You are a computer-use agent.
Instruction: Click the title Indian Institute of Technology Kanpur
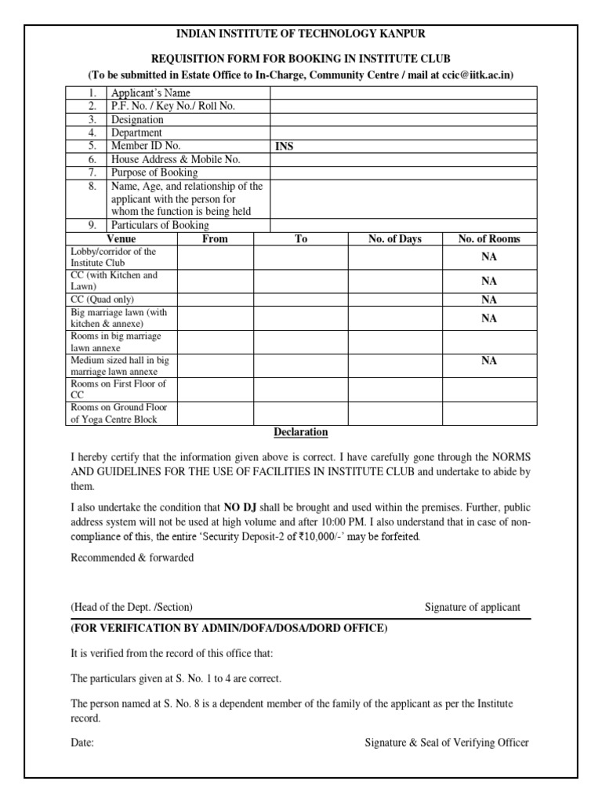click(301, 34)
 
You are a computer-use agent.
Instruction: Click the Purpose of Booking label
click(154, 173)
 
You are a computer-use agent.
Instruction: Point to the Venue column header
click(121, 239)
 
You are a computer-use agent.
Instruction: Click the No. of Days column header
click(394, 239)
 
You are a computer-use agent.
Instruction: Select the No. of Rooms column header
click(489, 239)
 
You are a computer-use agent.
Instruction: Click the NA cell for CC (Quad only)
click(489, 300)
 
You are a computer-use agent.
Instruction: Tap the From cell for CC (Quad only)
click(215, 300)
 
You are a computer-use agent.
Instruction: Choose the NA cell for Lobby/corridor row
click(489, 257)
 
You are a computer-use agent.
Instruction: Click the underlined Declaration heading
click(301, 433)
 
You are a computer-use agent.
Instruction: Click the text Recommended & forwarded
click(132, 558)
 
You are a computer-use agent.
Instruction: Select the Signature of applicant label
click(472, 608)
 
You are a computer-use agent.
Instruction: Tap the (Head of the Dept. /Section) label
click(132, 608)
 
